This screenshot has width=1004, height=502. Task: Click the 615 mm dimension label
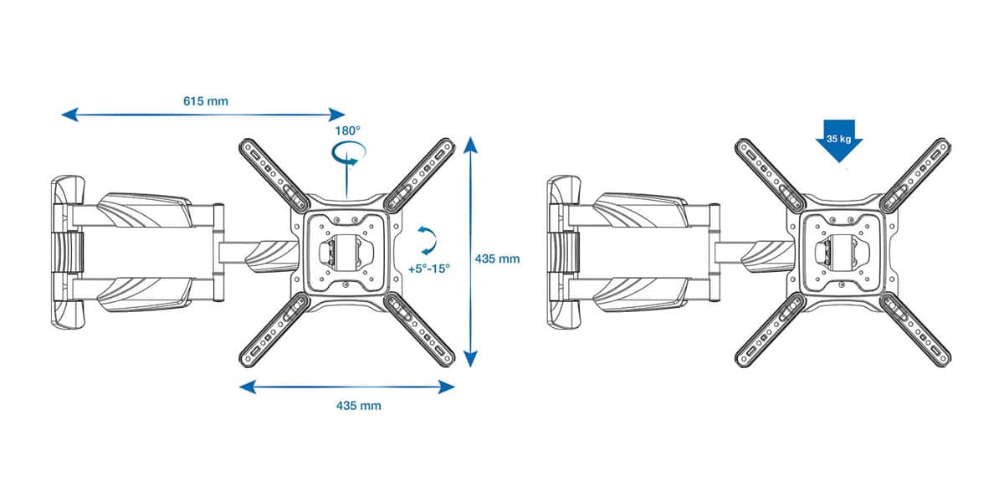click(206, 101)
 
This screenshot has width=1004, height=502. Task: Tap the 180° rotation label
click(347, 131)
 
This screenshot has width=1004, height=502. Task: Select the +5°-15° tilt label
click(429, 269)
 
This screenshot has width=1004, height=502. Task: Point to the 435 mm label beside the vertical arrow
click(498, 259)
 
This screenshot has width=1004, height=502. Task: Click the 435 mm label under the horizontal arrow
click(359, 406)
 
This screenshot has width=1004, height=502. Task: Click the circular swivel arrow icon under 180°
click(349, 154)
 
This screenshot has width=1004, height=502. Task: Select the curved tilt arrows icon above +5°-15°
click(427, 241)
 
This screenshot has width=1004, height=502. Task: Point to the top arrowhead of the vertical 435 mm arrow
click(469, 144)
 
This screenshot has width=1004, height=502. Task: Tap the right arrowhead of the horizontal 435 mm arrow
click(447, 387)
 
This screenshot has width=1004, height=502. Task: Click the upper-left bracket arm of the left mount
click(274, 174)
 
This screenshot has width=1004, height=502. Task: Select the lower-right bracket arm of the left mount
click(419, 330)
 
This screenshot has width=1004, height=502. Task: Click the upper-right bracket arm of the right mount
click(915, 175)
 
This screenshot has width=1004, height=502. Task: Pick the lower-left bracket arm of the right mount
click(771, 330)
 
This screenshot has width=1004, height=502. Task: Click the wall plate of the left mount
click(68, 253)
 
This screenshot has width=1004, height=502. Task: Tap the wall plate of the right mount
click(564, 253)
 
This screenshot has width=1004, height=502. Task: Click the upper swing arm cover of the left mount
click(145, 210)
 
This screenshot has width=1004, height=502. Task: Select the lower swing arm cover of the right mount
click(641, 295)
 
